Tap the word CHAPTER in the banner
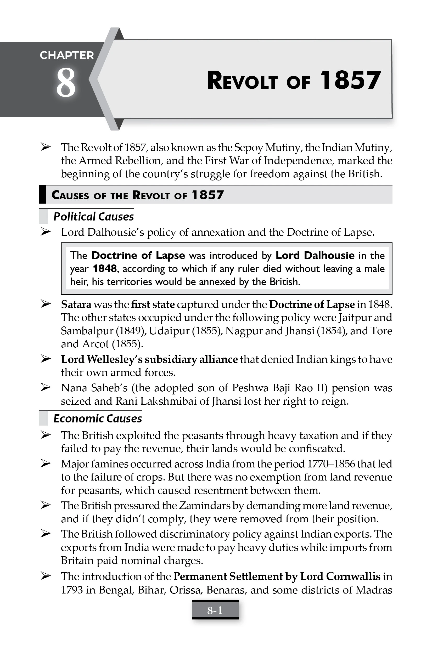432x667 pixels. pyautogui.click(x=67, y=55)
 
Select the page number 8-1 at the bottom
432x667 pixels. pyautogui.click(x=215, y=610)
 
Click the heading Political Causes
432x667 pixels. pyautogui.click(x=93, y=217)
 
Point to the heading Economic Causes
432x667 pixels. pyautogui.click(x=98, y=419)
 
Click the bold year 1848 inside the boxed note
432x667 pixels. pyautogui.click(x=104, y=268)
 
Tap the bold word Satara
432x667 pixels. pyautogui.click(x=76, y=304)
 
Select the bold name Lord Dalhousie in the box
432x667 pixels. pyautogui.click(x=315, y=255)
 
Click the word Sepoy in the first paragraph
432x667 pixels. pyautogui.click(x=248, y=148)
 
